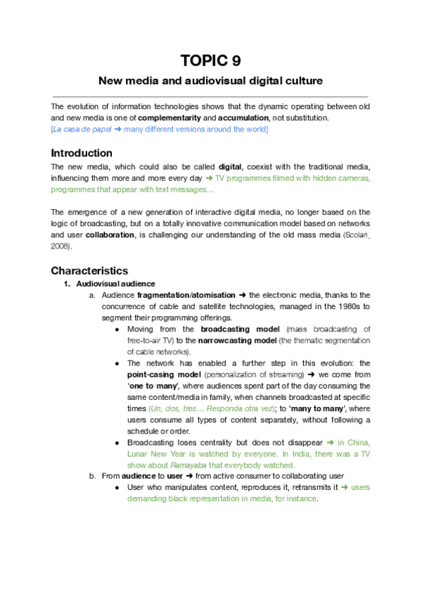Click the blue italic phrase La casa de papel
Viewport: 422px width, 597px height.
[x=81, y=130]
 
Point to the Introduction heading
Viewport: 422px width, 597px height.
[x=82, y=153]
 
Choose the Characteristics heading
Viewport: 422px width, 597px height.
[x=89, y=270]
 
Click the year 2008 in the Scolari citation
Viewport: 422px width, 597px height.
[x=60, y=247]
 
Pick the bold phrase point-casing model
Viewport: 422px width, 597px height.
[x=165, y=375]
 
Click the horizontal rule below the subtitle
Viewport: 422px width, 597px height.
[x=210, y=96]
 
